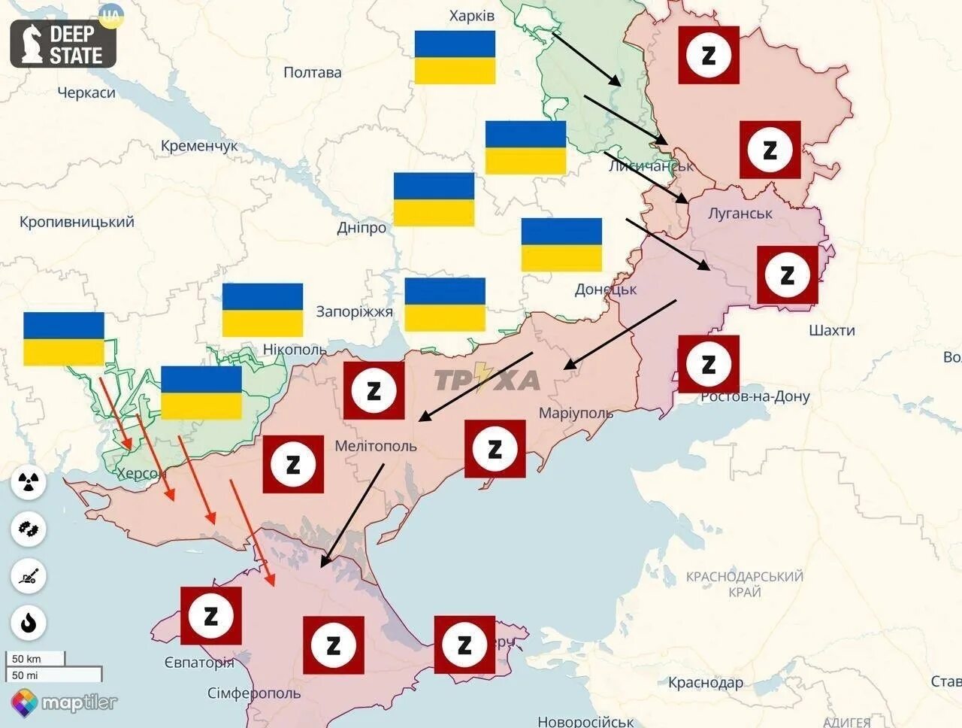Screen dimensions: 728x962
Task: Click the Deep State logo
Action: [63, 44]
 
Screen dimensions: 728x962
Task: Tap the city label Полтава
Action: [313, 73]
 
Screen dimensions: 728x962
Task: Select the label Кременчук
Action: [199, 146]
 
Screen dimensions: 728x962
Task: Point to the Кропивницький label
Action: [77, 222]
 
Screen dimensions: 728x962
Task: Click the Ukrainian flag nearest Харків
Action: [455, 57]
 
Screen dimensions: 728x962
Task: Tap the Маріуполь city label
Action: [576, 413]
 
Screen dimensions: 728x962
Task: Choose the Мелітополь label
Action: [375, 446]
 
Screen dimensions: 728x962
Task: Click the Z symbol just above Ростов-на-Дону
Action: [708, 364]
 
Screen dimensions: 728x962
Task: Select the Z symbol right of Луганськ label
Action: [787, 275]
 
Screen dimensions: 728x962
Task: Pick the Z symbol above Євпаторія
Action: [211, 616]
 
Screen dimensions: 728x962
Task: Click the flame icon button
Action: [29, 623]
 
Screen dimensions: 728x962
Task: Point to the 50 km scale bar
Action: [36, 659]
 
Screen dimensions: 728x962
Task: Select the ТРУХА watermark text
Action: [487, 381]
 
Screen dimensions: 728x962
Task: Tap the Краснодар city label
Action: [706, 683]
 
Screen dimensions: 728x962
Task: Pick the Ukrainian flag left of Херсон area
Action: [64, 338]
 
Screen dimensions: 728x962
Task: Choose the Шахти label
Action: [832, 330]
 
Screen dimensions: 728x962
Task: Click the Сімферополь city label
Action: [254, 693]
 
